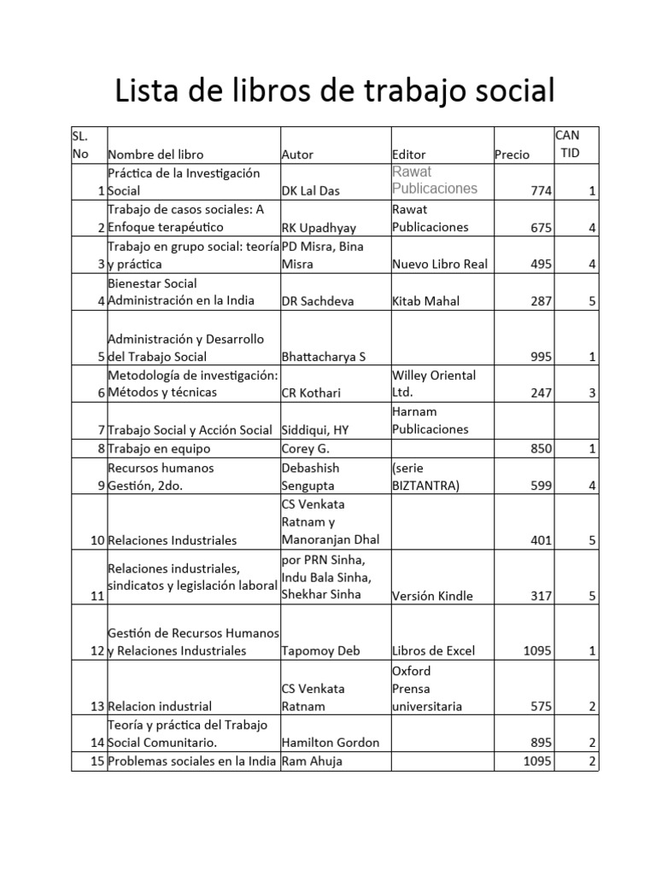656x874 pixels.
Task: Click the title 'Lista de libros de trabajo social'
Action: click(335, 90)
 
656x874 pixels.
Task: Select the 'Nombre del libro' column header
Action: click(155, 154)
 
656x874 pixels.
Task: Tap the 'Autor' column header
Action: click(297, 154)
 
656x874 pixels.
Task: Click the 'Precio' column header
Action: click(512, 154)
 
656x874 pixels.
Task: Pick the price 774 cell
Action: click(541, 191)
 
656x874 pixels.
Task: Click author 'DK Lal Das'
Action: click(310, 191)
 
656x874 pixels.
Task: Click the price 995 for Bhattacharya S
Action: click(541, 357)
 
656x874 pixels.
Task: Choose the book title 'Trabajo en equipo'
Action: click(159, 448)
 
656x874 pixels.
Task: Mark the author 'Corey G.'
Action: click(305, 448)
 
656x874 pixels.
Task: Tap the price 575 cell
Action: click(541, 706)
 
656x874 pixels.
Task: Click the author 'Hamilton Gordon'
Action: click(330, 743)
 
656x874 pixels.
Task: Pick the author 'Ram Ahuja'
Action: click(312, 761)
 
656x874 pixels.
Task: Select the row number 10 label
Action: click(96, 540)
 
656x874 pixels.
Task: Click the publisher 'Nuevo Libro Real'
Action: click(440, 264)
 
